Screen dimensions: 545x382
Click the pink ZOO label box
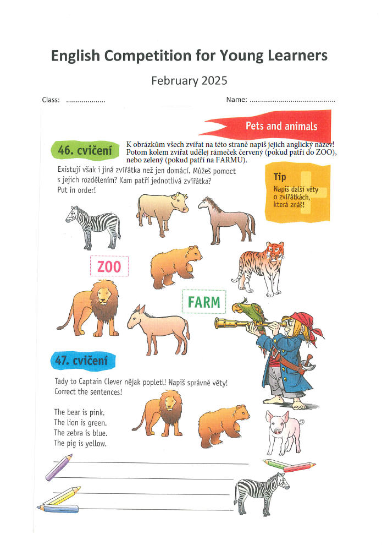tap(109, 267)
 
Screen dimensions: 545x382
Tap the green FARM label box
tap(203, 302)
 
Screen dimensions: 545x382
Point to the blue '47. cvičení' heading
tap(84, 360)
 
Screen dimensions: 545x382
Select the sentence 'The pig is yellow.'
tap(80, 443)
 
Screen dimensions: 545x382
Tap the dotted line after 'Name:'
tap(292, 101)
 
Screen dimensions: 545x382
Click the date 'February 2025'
tap(189, 81)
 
